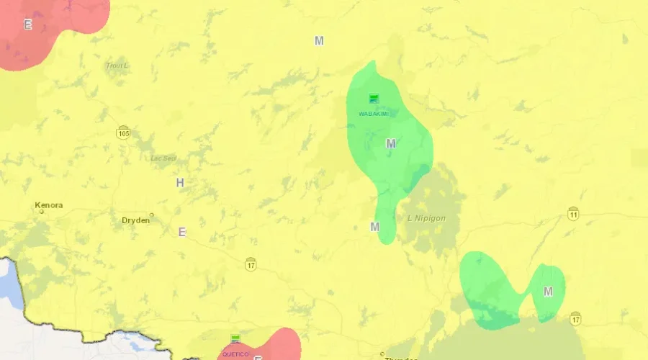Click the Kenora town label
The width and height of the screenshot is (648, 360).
pos(49,205)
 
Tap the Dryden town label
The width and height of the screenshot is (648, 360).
pos(135,220)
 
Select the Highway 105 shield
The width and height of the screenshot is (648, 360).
pos(124,132)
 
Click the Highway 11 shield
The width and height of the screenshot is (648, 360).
pos(573,214)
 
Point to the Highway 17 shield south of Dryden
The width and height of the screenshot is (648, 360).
pos(250,264)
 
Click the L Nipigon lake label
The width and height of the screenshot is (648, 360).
pos(427,218)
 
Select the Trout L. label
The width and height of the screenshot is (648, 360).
pos(117,66)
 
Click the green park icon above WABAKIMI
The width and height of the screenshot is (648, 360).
pos(374,99)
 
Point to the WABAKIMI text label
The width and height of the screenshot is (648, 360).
pos(373,113)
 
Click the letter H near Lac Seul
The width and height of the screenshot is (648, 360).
pos(180,183)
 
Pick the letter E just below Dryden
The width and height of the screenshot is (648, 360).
pos(182,232)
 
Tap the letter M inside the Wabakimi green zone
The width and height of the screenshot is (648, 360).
pos(391,144)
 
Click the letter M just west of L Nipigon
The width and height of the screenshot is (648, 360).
pos(374,227)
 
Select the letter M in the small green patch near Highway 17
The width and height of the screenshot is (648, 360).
pos(548,292)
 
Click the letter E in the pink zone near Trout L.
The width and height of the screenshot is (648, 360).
pos(28,24)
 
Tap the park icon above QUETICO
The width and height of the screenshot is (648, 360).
pos(235,338)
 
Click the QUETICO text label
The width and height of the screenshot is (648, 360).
pos(235,354)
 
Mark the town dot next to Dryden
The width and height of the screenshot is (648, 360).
pos(152,215)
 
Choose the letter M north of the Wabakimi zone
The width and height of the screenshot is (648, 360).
pos(319,41)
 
